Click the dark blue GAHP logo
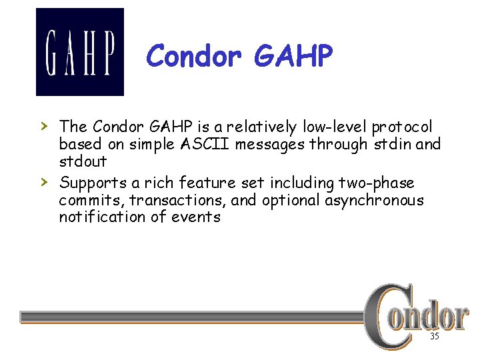[x=79, y=52]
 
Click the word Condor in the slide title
[x=194, y=57]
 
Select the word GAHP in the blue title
[x=293, y=57]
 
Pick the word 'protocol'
[x=402, y=127]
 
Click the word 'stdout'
[x=83, y=162]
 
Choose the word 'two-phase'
[x=377, y=183]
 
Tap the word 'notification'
[x=98, y=217]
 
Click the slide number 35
[x=434, y=337]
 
